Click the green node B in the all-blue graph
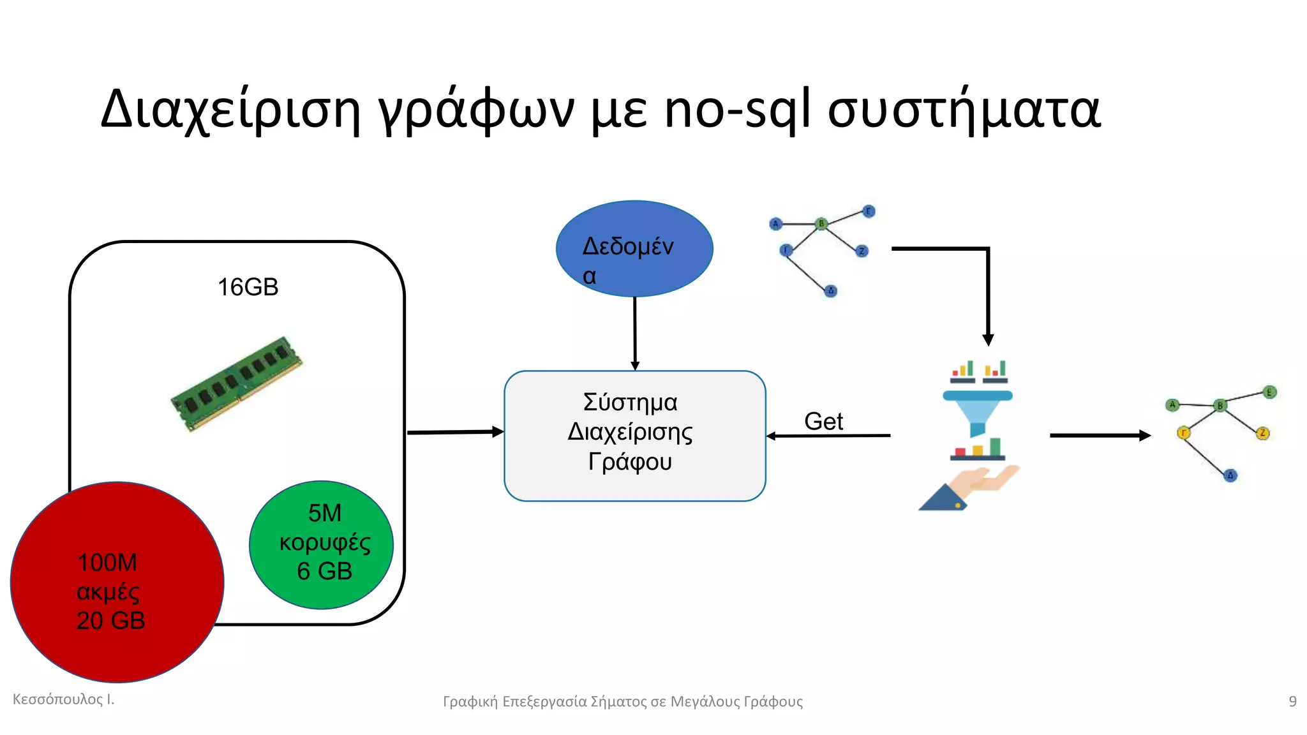coord(821,224)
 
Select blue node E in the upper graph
coord(868,211)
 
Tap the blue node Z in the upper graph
coord(862,251)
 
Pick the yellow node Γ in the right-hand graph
coord(1183,433)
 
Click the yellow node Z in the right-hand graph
coord(1262,433)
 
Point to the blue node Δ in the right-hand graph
coord(1230,475)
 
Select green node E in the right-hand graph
coord(1269,392)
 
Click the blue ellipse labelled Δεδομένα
coord(634,249)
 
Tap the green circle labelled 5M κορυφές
coord(321,544)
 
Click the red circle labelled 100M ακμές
coord(117,582)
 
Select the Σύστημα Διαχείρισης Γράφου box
coord(634,436)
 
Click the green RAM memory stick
coord(236,384)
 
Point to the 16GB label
coord(248,287)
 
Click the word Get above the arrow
coord(823,421)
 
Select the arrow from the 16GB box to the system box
coord(454,433)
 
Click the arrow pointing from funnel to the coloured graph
coord(1099,436)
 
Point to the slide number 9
coord(1292,701)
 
